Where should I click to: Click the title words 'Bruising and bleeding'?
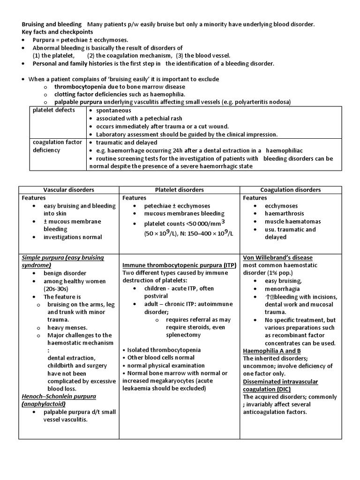coord(52,24)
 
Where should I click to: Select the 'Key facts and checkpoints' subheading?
coord(58,32)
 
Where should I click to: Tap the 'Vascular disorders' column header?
coord(68,190)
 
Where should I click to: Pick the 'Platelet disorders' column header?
coord(180,190)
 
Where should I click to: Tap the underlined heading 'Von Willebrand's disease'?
coord(277,257)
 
